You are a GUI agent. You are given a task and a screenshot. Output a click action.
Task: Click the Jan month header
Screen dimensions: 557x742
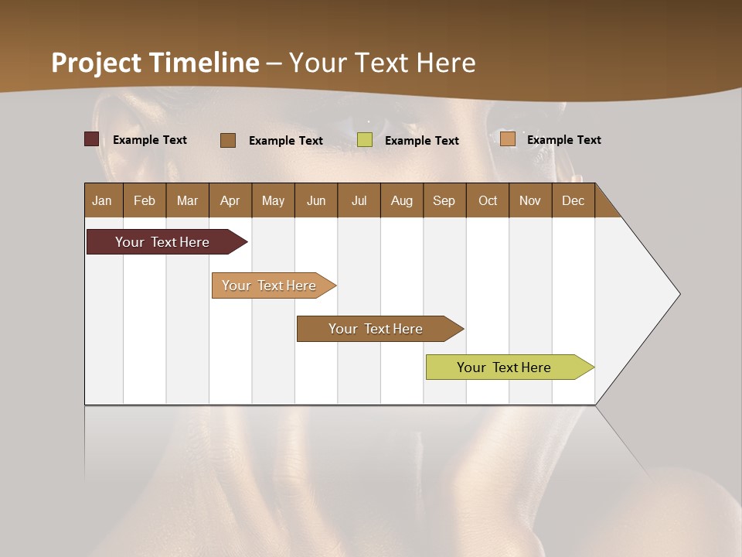tap(102, 200)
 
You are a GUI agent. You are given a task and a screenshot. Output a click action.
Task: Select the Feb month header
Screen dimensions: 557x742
tap(145, 200)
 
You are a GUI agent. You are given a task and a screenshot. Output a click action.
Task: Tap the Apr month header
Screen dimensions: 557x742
tap(230, 200)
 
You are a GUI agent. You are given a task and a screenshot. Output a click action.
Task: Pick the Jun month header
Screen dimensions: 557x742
tap(316, 200)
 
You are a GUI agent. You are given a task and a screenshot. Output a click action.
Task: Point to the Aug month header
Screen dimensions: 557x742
tap(401, 200)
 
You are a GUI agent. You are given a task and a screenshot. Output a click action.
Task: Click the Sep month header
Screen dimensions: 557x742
tap(444, 200)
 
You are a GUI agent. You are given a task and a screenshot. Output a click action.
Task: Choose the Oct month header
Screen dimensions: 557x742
tap(488, 200)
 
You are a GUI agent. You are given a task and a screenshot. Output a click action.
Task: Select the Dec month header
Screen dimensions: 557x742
tap(573, 200)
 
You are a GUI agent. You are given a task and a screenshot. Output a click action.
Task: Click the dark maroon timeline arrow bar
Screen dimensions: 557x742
tap(162, 242)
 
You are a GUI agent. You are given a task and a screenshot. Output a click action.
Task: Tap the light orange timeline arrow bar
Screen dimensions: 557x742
tap(269, 285)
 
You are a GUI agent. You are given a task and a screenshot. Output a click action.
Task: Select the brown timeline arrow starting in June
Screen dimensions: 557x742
tap(376, 329)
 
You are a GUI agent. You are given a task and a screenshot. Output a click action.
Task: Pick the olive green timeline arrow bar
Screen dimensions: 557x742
tap(504, 367)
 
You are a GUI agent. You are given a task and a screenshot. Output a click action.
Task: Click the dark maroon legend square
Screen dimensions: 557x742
tap(91, 139)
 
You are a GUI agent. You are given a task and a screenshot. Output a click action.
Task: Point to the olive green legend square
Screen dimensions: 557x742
tap(365, 140)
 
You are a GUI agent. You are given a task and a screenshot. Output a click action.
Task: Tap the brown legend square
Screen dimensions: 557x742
tap(228, 140)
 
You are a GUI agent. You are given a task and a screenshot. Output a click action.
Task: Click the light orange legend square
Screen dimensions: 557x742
tap(508, 139)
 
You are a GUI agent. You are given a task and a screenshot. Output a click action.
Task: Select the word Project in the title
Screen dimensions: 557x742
tap(96, 63)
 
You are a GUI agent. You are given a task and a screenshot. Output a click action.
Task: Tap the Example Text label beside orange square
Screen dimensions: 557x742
tap(563, 140)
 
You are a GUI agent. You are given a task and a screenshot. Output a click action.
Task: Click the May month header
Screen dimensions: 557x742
tap(273, 200)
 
